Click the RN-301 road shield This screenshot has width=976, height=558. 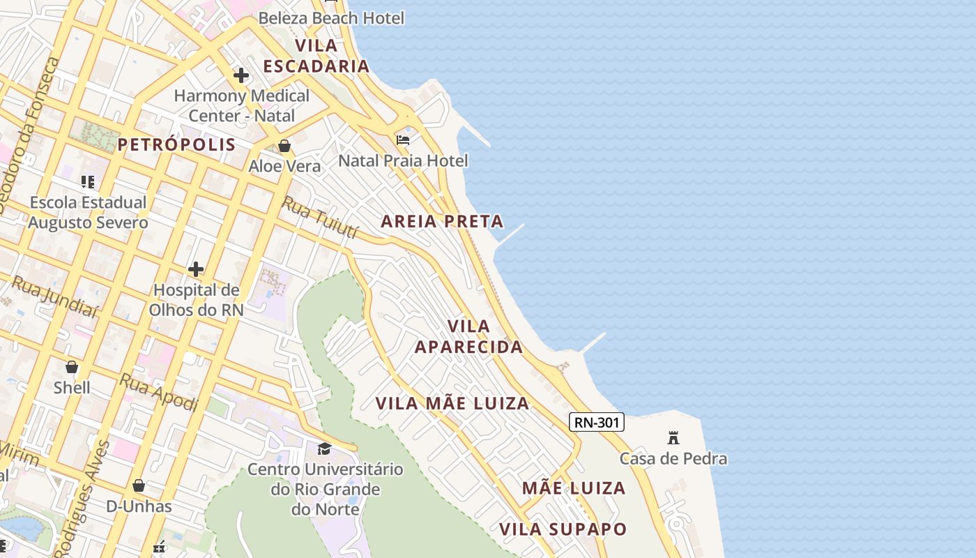coord(596,422)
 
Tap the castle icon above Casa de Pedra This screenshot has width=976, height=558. coord(673,438)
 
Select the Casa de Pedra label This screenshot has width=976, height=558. coord(673,458)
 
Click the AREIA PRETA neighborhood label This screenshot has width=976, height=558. coord(442,222)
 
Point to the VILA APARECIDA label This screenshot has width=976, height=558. coord(468,336)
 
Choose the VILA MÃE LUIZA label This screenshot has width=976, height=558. coord(452,403)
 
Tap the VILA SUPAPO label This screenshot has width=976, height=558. coord(563,529)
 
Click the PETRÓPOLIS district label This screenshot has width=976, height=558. coord(176,144)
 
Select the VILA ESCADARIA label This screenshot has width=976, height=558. coord(317,56)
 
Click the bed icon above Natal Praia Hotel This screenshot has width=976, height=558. coord(403,140)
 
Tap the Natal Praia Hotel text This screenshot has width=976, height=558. coord(403,160)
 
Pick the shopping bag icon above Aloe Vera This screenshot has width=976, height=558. coord(284,146)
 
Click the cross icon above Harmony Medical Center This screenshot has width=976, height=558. coord(241,75)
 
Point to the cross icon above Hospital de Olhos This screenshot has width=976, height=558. coord(196,269)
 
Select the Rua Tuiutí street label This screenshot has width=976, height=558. coord(319,217)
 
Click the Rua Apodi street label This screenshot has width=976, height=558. coord(159,392)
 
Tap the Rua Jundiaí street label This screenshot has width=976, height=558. coord(54,297)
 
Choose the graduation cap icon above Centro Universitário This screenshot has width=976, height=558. coord(324,448)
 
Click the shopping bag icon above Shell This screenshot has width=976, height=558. coord(72,367)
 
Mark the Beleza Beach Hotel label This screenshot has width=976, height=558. coord(331,18)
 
